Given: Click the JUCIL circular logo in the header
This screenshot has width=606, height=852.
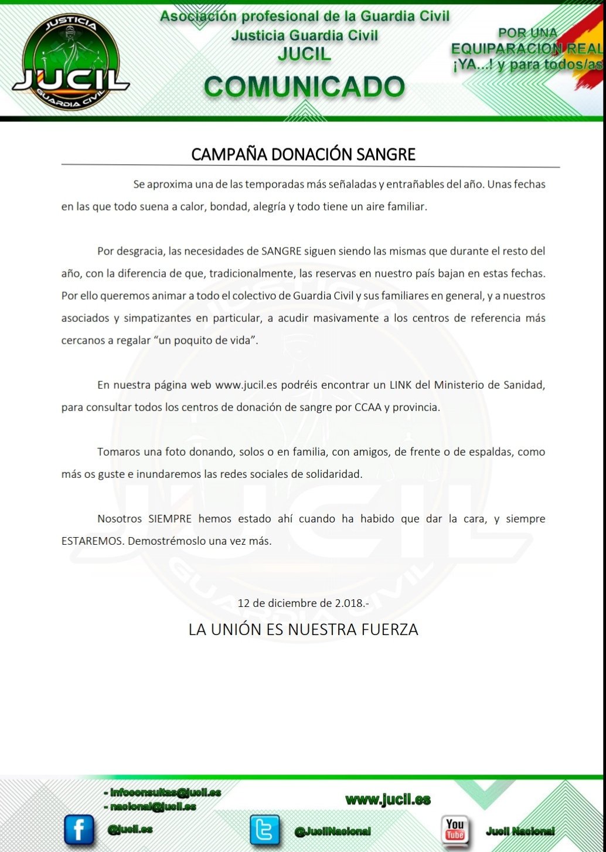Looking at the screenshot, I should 71,62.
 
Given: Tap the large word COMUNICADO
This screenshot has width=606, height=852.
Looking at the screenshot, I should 304,87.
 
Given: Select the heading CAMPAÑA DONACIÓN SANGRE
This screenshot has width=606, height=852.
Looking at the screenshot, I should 303,154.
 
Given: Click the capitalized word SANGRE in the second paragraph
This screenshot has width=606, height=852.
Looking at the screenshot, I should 281,252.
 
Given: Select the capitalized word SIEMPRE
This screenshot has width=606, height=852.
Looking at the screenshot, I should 170,519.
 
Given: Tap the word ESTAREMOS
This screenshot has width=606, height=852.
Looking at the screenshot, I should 92,541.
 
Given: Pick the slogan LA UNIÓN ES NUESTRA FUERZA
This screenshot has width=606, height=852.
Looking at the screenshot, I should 303,630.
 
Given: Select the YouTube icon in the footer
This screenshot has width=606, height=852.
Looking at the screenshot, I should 455,829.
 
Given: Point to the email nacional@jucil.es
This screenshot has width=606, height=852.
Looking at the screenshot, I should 149,807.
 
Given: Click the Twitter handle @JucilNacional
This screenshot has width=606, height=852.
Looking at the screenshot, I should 332,831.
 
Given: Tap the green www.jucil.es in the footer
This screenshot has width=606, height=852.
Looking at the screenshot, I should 388,799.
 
